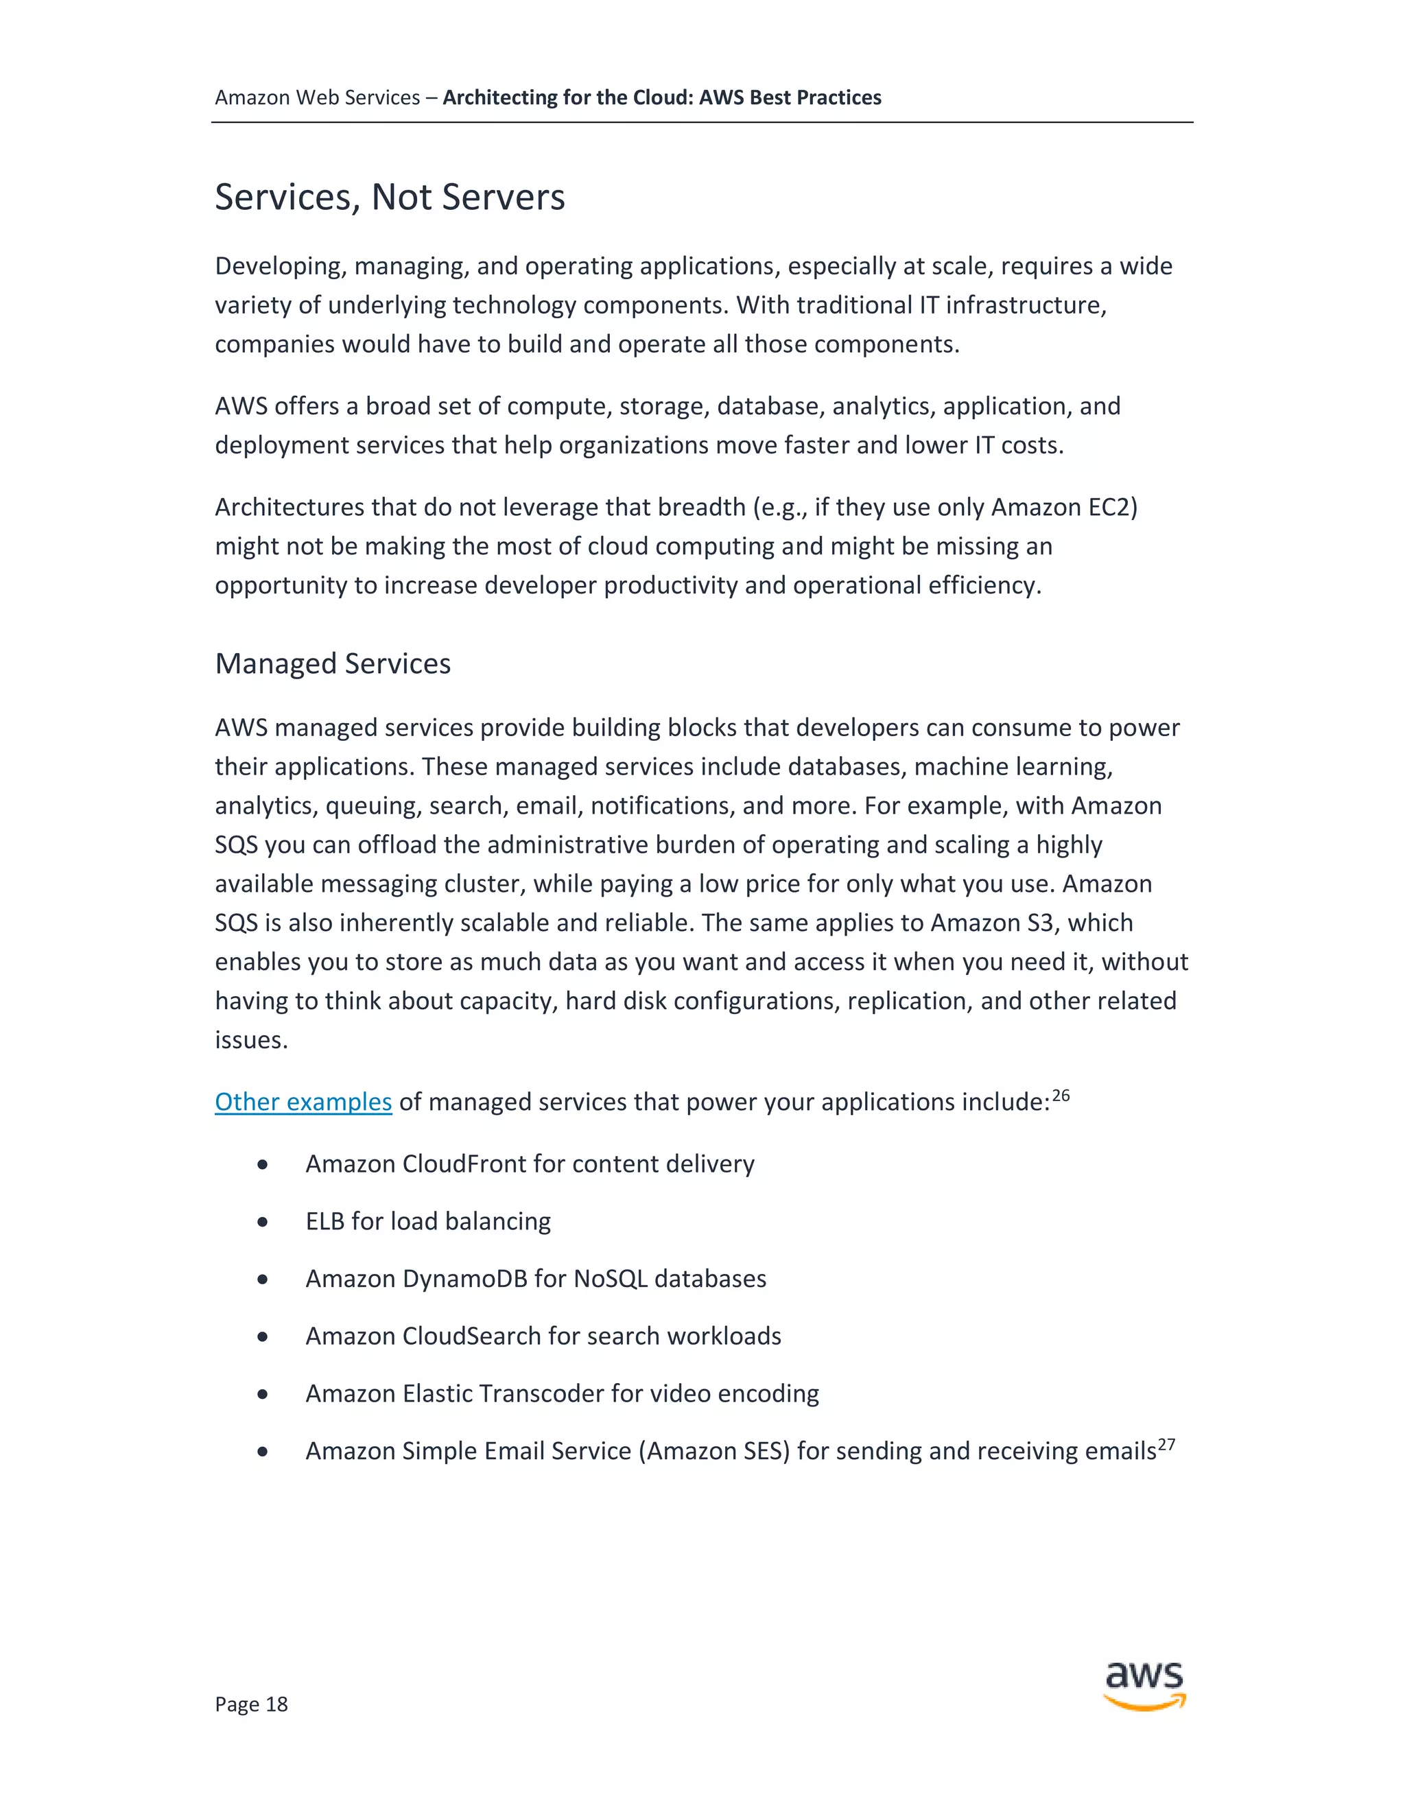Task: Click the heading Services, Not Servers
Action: [390, 198]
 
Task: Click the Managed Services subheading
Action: [332, 663]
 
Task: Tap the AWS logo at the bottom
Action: [1144, 1685]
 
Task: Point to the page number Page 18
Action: [250, 1704]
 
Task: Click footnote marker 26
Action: [1061, 1095]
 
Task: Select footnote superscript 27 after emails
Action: [1166, 1443]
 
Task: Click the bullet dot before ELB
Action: [263, 1222]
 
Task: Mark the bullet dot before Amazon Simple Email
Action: [263, 1452]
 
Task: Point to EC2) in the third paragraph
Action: [1112, 507]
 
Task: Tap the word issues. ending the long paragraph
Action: [250, 1041]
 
